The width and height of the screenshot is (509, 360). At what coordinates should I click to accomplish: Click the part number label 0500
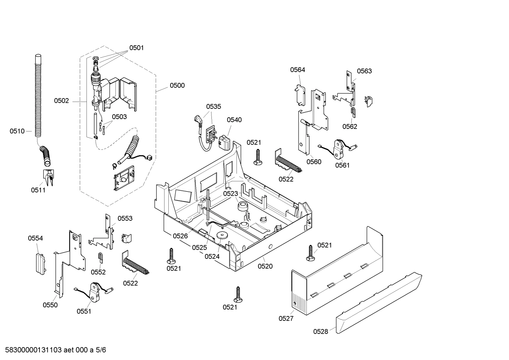pos(177,85)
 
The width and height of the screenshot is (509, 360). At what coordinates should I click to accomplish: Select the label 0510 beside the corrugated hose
pos(17,131)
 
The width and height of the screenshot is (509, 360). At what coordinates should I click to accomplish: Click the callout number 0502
pos(61,101)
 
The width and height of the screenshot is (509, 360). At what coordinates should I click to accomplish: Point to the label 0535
pos(214,107)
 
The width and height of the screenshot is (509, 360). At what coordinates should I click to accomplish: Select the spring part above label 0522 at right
pos(289,163)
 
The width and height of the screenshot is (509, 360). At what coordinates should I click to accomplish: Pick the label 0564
pos(298,70)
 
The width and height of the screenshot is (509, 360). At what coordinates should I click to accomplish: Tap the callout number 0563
pos(364,71)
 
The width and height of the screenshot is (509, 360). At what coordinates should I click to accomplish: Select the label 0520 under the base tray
pos(265,266)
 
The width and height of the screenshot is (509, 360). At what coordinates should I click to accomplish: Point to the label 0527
pos(286,319)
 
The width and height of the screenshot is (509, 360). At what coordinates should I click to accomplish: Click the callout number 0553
pos(125,219)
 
